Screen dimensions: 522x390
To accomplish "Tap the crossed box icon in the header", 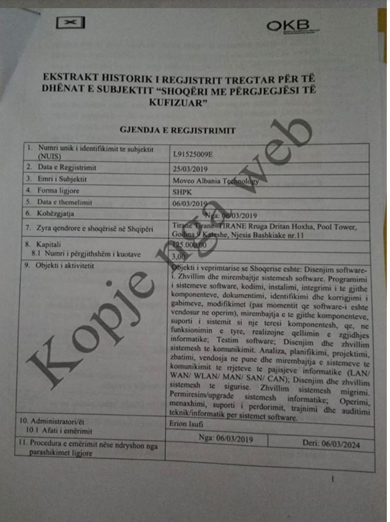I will pos(70,23).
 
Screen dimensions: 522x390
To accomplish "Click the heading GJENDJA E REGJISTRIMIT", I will pos(177,130).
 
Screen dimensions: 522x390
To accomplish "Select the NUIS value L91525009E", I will pos(194,154).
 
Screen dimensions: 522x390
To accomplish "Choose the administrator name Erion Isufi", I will pos(188,427).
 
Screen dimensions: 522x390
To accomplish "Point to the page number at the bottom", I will pos(333,479).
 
